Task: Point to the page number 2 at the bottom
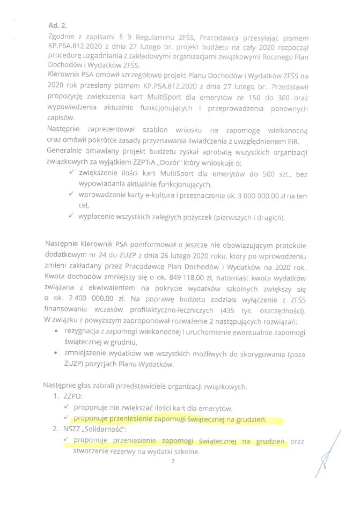(x=174, y=461)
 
